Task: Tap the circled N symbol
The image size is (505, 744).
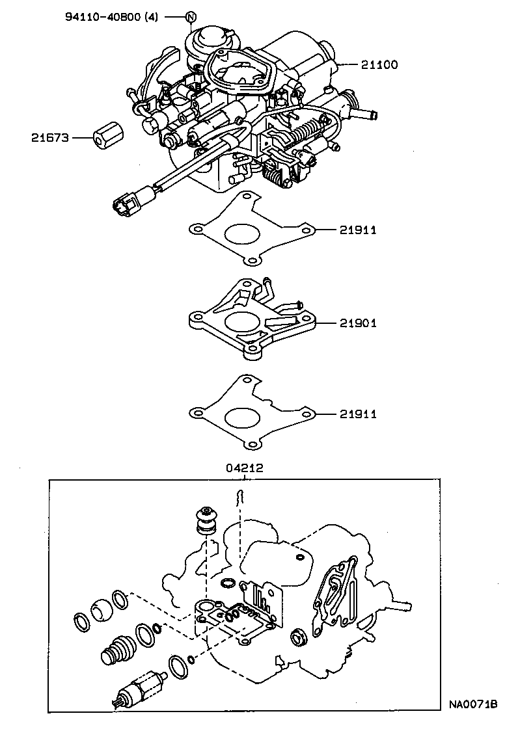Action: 190,17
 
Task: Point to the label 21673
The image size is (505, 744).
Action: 49,138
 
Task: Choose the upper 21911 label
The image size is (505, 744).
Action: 358,230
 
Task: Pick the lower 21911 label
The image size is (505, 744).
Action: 358,414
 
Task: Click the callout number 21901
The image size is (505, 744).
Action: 358,323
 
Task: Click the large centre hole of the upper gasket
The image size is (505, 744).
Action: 240,233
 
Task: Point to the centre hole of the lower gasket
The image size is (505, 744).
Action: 240,417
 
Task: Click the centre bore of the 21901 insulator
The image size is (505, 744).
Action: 241,321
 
